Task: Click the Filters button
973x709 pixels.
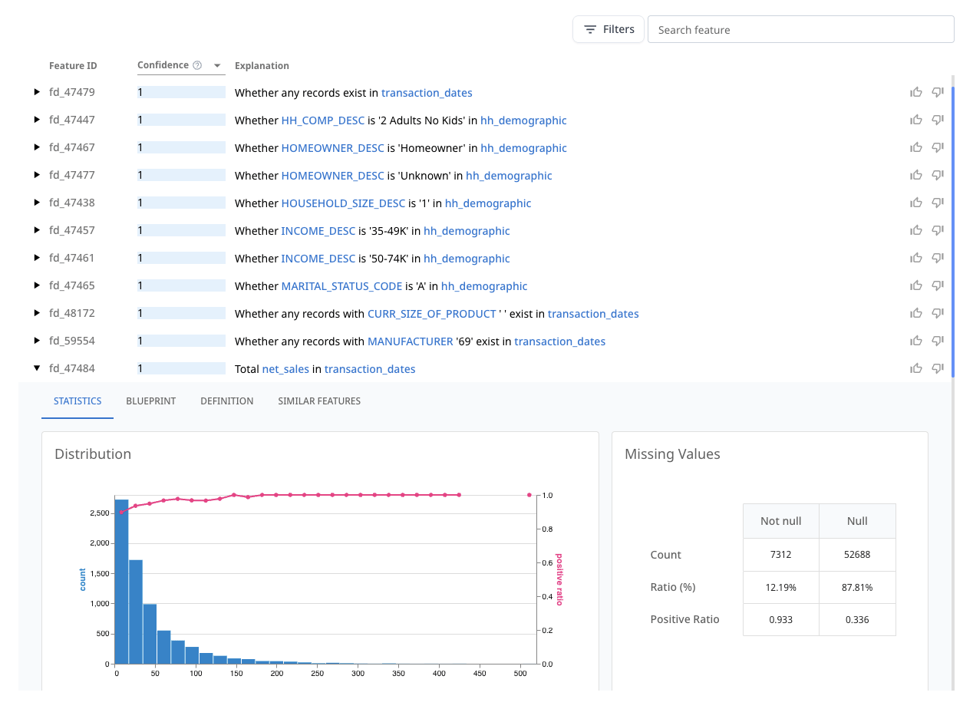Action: coord(609,30)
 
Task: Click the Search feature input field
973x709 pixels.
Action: coord(800,30)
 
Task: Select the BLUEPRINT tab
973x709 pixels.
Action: coord(150,401)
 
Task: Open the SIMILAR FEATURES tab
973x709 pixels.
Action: coord(318,401)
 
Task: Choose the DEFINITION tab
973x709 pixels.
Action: coord(226,401)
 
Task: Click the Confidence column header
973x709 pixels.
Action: coord(163,66)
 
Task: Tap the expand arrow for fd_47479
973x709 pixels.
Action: coord(37,92)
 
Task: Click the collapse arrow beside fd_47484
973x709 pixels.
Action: coord(37,368)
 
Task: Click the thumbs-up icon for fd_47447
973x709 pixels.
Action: coord(915,120)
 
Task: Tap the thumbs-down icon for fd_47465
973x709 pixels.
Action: coord(937,285)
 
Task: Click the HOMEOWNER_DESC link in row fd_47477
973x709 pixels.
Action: coord(332,176)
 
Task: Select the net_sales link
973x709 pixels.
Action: coord(285,369)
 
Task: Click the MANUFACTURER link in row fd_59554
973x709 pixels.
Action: coord(410,341)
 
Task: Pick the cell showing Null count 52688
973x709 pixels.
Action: coord(857,555)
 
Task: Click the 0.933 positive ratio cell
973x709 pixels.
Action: coord(780,619)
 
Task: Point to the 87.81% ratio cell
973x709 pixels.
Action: coord(857,587)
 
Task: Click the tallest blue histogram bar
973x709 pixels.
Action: coord(121,581)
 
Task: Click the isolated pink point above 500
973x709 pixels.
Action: coord(529,495)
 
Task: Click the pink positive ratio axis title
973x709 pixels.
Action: coord(559,579)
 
